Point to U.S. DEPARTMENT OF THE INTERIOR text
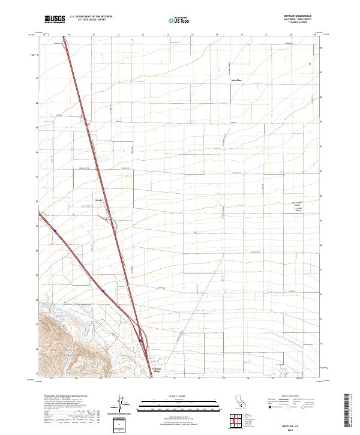(91, 16)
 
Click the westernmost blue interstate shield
(55, 230)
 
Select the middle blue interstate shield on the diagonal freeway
(103, 292)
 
